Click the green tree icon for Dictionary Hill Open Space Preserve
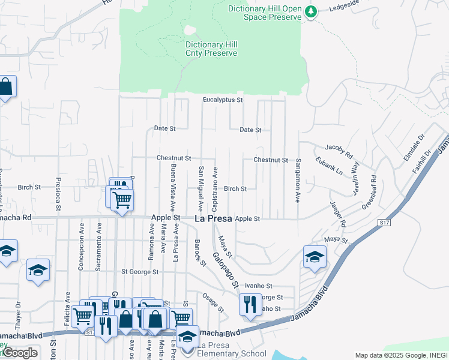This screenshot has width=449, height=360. click(x=310, y=12)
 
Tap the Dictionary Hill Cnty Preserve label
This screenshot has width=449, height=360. click(x=211, y=49)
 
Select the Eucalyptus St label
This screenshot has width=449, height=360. click(x=223, y=100)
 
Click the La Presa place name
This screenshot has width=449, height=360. click(x=214, y=220)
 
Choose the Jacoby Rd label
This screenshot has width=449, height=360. click(x=338, y=151)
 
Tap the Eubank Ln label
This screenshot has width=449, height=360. click(x=330, y=166)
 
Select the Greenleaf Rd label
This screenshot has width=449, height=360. click(x=367, y=193)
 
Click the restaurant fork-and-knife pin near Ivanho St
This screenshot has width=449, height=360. click(x=250, y=305)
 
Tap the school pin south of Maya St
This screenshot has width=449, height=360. click(x=315, y=257)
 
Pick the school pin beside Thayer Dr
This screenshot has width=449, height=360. click(x=38, y=270)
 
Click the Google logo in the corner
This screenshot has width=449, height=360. click(x=20, y=353)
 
